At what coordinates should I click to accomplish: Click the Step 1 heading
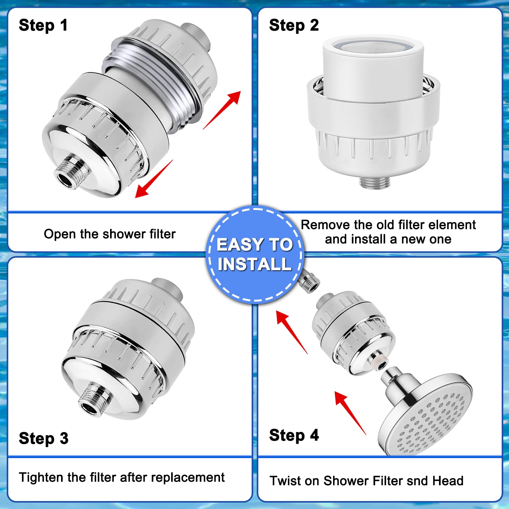pos(43,25)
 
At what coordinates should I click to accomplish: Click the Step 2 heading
pos(293,25)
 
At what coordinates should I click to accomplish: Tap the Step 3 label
pos(44,438)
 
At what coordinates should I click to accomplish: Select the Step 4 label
pos(294,435)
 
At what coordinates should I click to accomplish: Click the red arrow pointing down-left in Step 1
pos(153,179)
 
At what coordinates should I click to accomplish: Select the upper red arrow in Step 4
pos(291,332)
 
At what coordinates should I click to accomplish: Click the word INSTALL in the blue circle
pos(254,264)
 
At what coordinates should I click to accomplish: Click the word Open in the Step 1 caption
pos(60,234)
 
